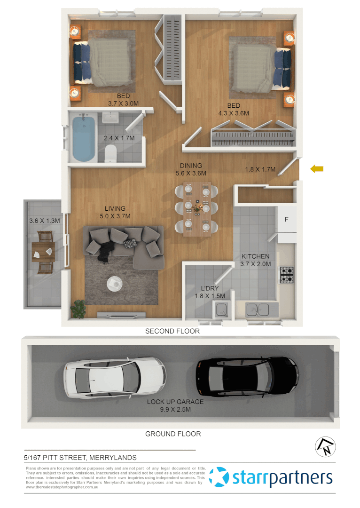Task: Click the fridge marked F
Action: (x=287, y=219)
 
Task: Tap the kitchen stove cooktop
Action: (x=287, y=275)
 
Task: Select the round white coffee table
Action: (x=115, y=283)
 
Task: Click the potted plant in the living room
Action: (x=78, y=309)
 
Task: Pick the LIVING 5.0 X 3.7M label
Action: (x=115, y=212)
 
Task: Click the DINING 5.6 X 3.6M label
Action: (x=191, y=169)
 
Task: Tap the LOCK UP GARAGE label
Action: (x=175, y=405)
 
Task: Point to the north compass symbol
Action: (x=324, y=446)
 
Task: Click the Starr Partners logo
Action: (x=272, y=477)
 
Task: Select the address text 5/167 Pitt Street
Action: (x=80, y=457)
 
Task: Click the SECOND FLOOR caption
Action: (x=172, y=331)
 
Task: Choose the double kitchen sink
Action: (x=257, y=310)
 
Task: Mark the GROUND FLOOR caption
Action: (x=173, y=434)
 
